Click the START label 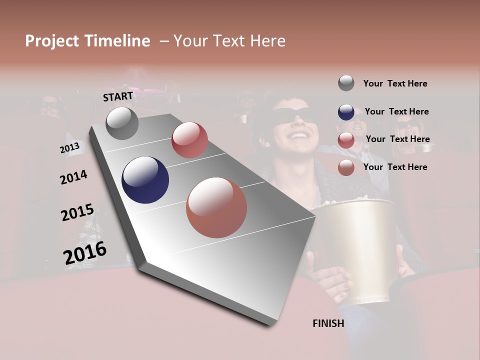tap(118, 96)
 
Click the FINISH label tap(328, 323)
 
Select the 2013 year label tap(69, 148)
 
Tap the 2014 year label tap(73, 177)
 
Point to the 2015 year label tap(77, 212)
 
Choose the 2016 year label tap(85, 253)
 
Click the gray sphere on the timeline tap(122, 123)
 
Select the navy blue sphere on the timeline tap(145, 180)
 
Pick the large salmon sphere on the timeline tap(216, 207)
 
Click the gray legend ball tap(346, 83)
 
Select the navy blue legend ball tap(346, 112)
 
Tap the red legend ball tap(346, 140)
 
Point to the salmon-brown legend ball tap(346, 167)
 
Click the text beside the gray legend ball tap(395, 83)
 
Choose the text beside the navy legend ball tap(396, 111)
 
